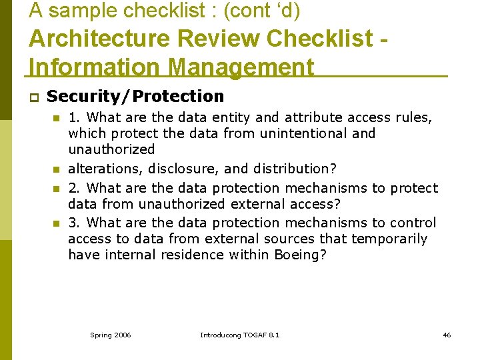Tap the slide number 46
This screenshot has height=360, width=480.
[447, 335]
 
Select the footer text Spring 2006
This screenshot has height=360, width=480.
[111, 335]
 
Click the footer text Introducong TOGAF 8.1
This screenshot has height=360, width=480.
[240, 335]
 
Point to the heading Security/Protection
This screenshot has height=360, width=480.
[136, 97]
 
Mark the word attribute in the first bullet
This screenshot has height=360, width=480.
[313, 117]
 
